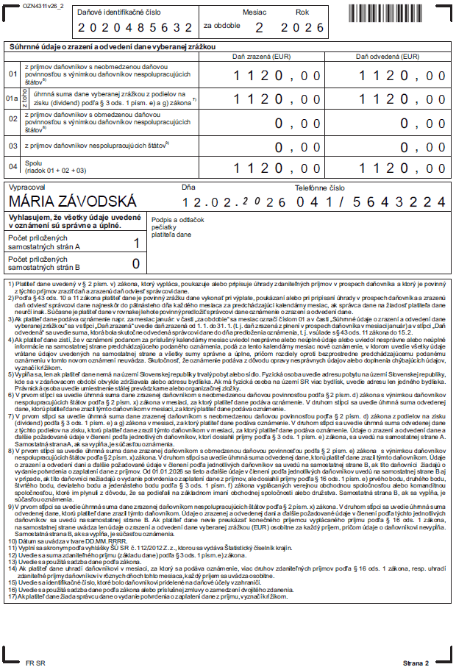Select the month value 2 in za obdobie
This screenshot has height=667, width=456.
[258, 28]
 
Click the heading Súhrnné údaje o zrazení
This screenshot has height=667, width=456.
[110, 46]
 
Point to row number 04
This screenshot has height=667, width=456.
[12, 167]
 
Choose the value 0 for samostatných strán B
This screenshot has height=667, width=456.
[135, 264]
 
